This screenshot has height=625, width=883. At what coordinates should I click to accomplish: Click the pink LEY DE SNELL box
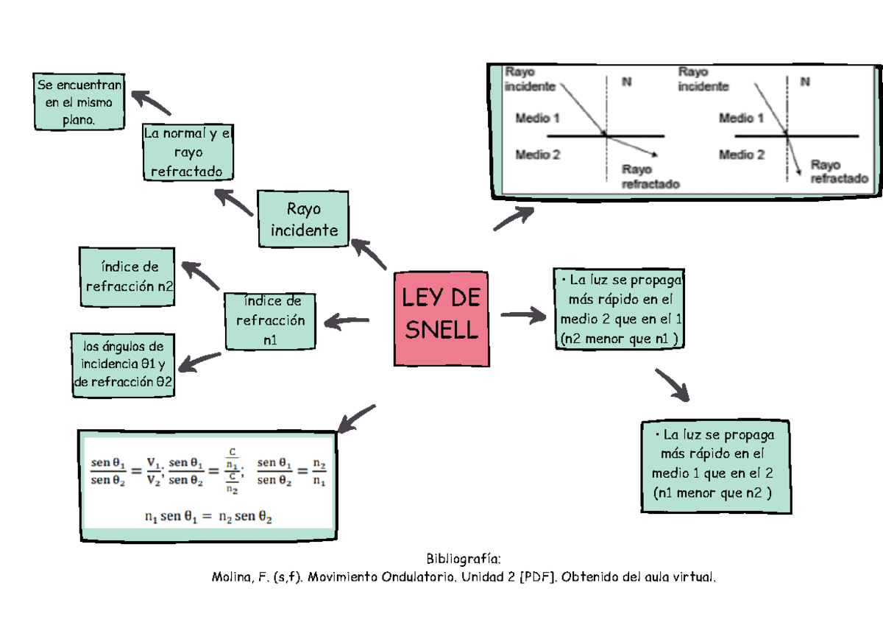442,318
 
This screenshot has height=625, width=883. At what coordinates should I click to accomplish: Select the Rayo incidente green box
303,219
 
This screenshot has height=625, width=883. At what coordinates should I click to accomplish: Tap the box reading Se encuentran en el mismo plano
79,102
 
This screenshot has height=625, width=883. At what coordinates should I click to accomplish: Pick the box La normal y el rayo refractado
188,152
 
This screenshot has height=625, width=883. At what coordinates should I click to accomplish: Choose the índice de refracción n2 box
127,277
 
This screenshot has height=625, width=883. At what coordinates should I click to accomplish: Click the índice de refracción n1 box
270,320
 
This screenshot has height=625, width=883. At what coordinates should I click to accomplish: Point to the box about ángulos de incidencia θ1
123,364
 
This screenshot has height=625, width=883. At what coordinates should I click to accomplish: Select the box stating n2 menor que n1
619,309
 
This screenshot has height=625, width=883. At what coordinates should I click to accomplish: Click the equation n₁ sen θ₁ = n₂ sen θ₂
208,517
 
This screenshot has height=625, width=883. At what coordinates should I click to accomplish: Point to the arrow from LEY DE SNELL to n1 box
346,320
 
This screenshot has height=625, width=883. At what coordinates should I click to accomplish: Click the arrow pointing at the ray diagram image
514,218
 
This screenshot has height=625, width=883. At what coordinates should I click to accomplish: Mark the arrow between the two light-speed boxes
673,386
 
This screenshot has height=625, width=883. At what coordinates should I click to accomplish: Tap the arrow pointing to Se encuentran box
152,103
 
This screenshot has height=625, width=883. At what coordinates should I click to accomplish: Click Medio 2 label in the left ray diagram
538,155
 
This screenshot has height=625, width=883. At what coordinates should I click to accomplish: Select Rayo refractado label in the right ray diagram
838,172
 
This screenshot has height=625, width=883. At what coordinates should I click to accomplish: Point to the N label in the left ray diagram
627,82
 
